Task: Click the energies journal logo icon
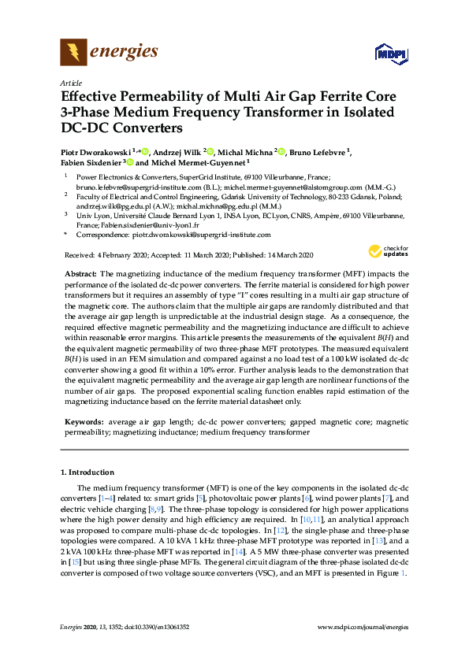(73, 53)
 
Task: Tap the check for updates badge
(385, 251)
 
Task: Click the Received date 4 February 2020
(108, 255)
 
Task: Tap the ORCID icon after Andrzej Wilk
(210, 151)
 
